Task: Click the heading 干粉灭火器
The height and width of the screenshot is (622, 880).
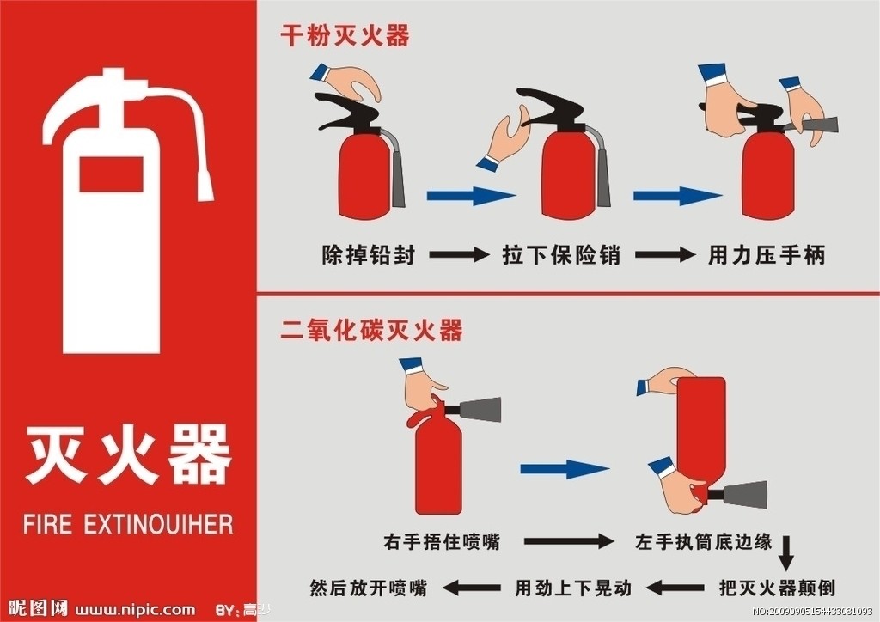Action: [x=345, y=35]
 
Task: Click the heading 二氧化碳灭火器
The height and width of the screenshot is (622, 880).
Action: [x=372, y=330]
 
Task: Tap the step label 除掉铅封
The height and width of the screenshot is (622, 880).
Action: [x=368, y=255]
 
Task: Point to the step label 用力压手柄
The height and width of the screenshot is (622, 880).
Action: [x=766, y=255]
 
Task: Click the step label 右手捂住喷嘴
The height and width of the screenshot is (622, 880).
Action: [x=442, y=541]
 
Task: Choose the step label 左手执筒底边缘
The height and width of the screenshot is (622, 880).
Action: [x=703, y=541]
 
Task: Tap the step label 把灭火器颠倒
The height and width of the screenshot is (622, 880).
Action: [x=777, y=588]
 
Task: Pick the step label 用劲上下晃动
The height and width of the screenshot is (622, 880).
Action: [x=573, y=588]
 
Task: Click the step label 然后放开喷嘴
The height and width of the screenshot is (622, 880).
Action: [x=368, y=588]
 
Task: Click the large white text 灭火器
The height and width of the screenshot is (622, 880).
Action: [x=128, y=454]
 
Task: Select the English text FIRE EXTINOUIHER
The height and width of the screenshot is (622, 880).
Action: [x=128, y=523]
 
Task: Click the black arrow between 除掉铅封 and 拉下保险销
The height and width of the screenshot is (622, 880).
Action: [x=458, y=255]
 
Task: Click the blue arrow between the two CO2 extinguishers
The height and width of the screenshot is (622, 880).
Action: [x=564, y=469]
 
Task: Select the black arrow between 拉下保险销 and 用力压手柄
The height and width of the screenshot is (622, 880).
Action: [x=663, y=255]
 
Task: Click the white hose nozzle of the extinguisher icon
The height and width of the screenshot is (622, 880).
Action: [x=205, y=182]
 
